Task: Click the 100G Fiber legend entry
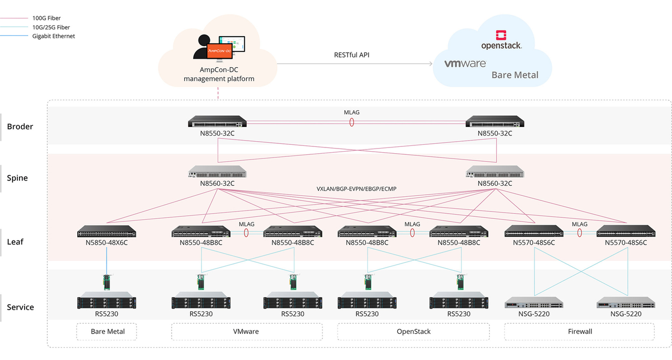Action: pos(47,18)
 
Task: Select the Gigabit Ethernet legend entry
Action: pos(54,36)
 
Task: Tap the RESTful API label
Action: pos(352,55)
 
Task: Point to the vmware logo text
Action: pos(465,63)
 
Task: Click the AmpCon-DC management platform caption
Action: pos(218,75)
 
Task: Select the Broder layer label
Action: pos(20,126)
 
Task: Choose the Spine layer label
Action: pos(17,178)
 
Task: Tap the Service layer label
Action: pos(20,307)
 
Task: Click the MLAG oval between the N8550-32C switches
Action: pos(352,122)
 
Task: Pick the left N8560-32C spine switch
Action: pos(217,172)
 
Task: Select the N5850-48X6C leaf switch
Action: pos(107,232)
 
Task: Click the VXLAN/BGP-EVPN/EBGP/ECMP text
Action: pos(356,189)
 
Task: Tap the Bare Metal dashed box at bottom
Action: pos(108,332)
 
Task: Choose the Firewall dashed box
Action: pos(579,332)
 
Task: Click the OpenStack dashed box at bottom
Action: pos(413,332)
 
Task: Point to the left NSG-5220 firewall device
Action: pos(534,303)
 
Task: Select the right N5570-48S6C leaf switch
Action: pos(625,231)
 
